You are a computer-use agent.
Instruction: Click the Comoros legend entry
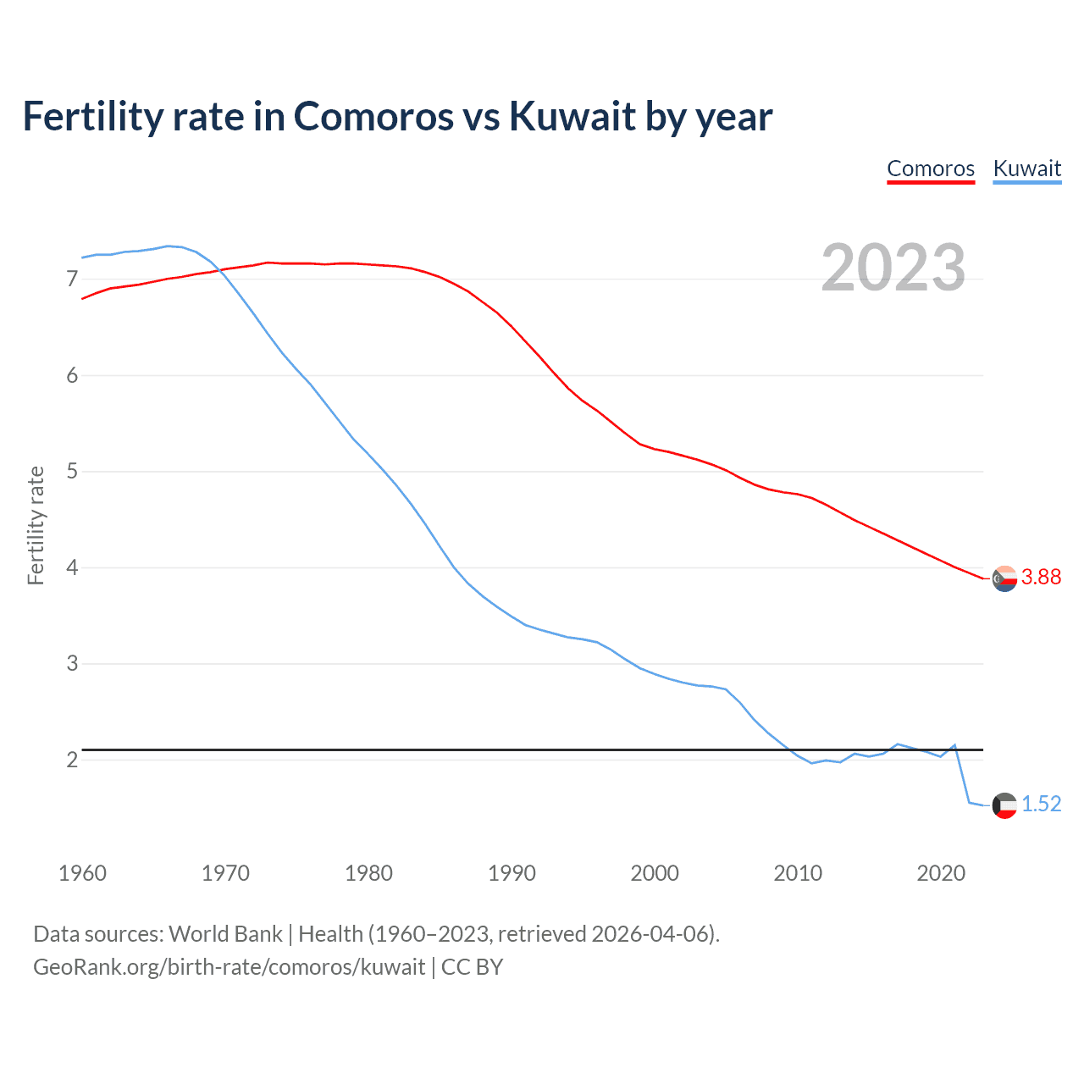coord(931,169)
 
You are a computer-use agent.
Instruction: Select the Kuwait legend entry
coord(1026,169)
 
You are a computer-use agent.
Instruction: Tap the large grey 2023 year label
coord(893,268)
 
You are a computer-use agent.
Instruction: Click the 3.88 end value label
coord(1041,577)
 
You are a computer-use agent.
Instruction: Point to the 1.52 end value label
coord(1041,804)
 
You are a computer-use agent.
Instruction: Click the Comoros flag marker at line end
coord(1004,579)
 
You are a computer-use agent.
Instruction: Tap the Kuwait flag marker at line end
coord(1004,805)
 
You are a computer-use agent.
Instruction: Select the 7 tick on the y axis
coord(72,279)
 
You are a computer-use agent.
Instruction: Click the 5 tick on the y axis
coord(72,471)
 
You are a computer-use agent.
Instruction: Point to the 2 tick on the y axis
coord(72,760)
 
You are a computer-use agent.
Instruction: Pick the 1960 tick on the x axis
coord(82,873)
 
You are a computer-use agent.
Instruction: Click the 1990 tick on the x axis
coord(512,873)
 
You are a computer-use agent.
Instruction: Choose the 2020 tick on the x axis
coord(941,873)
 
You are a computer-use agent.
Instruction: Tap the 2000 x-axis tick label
coord(655,873)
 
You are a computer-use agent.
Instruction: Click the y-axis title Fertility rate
coord(36,525)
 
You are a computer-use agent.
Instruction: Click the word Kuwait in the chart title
coord(572,116)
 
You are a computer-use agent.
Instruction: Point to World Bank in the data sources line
coord(225,934)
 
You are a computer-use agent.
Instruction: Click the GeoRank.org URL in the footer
coord(229,967)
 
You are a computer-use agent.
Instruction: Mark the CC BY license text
coord(473,967)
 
